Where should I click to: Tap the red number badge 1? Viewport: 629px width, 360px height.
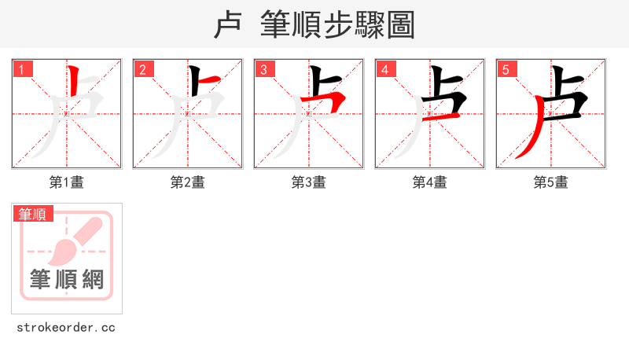tap(23, 69)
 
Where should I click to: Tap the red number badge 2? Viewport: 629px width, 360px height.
tap(144, 69)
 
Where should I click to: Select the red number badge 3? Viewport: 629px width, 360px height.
tap(265, 69)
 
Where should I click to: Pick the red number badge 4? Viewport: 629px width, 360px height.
tap(386, 69)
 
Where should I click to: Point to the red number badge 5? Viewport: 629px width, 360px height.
tap(507, 69)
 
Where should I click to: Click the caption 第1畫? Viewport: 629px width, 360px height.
tap(67, 182)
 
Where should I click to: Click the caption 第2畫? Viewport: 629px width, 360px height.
tap(188, 182)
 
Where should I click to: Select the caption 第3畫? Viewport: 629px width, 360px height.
tap(309, 182)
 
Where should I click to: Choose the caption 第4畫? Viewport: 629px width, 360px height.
tap(430, 182)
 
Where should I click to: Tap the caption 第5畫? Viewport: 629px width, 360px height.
tap(551, 182)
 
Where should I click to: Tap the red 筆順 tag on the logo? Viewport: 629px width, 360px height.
tap(33, 214)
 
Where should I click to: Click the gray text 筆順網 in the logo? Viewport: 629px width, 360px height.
tap(67, 279)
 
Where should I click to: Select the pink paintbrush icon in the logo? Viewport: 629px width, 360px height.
tap(75, 240)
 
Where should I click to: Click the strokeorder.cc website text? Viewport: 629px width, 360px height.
tap(66, 327)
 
